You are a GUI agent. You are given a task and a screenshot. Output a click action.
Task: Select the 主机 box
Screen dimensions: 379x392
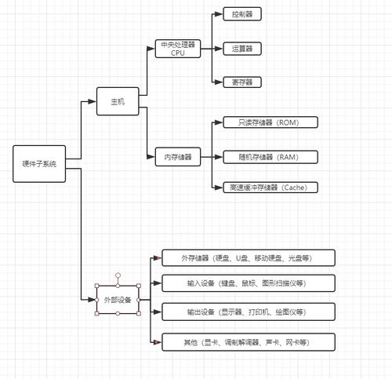coord(116,101)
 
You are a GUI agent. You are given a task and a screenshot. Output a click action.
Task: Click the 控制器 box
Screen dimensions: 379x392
coord(243,15)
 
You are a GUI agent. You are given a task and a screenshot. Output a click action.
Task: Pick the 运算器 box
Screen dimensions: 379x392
coord(243,49)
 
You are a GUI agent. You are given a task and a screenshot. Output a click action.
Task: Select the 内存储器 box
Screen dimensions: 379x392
coord(178,156)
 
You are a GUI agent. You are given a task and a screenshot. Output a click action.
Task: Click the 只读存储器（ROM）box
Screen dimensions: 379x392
coord(267,122)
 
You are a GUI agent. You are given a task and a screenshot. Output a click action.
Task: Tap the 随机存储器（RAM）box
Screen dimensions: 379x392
coord(267,157)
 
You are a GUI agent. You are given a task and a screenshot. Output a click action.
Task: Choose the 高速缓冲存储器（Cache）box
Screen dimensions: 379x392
coord(267,188)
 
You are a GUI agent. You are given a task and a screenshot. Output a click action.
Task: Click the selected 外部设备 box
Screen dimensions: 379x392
coord(118,300)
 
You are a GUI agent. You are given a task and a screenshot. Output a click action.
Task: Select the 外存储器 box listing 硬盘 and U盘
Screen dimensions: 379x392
coord(248,258)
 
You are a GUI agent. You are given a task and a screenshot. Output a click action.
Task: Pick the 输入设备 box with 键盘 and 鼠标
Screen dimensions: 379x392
coord(248,283)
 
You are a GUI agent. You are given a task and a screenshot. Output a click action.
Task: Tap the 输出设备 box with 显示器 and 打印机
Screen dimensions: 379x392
coord(248,312)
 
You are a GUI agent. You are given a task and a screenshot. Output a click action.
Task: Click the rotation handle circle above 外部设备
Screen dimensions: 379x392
coord(118,275)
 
